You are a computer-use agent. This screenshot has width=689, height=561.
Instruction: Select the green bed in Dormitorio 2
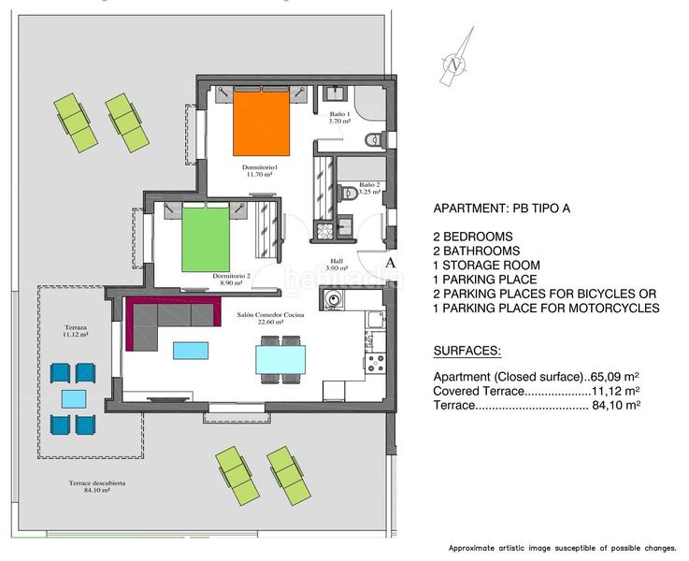pos(207,237)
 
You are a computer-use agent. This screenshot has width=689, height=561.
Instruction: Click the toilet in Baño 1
pos(374,141)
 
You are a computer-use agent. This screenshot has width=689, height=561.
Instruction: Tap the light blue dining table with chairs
pos(280,359)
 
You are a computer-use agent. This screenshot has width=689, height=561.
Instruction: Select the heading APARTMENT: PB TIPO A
pos(502,209)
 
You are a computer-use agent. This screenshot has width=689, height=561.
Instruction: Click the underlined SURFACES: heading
pos(467,351)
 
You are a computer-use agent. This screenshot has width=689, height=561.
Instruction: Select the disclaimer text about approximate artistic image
pos(564,547)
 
